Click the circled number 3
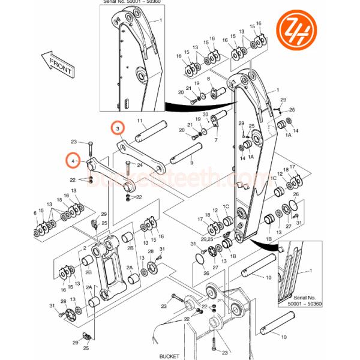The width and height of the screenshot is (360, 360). pos(118,128)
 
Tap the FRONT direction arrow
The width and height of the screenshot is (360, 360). pos(57,62)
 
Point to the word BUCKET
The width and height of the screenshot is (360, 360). pos(169,355)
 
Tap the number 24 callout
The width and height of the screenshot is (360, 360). pos(139,165)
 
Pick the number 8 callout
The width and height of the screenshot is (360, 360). pos(208,79)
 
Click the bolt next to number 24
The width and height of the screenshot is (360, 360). pos(127,171)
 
